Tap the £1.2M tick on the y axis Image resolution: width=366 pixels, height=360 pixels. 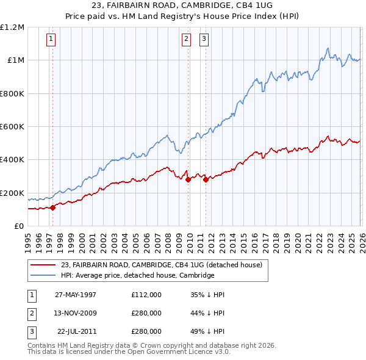(x=12, y=27)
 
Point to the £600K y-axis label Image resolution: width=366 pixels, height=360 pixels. (x=12, y=127)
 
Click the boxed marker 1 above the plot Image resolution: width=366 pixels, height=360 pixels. (x=51, y=40)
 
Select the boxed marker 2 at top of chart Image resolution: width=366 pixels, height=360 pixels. (x=185, y=40)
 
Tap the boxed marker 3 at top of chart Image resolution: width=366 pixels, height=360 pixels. (x=203, y=40)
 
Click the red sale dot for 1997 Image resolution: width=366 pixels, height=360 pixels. (x=53, y=207)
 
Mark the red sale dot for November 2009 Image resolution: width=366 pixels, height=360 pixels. (x=188, y=179)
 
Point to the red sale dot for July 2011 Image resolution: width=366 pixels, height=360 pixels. (x=206, y=179)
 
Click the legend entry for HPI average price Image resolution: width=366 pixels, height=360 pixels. (x=137, y=275)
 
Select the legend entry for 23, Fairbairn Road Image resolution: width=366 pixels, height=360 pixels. (x=161, y=265)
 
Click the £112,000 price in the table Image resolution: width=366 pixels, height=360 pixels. (x=146, y=294)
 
